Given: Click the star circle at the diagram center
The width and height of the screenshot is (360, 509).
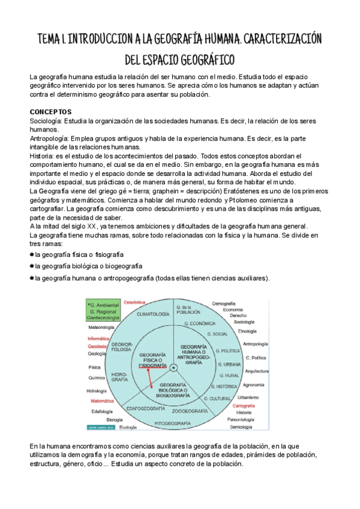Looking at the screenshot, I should [173, 367].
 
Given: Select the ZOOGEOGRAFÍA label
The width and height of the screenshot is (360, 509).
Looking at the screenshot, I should [190, 411].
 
